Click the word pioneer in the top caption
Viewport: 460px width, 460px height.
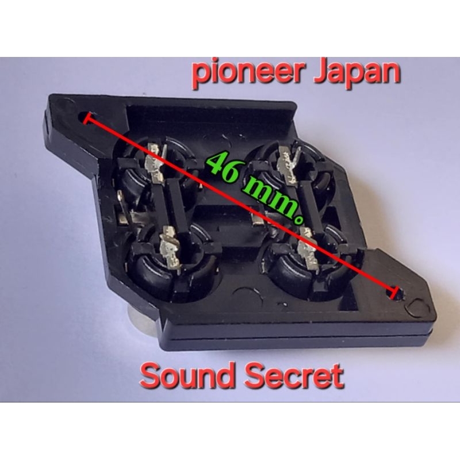pos(247,73)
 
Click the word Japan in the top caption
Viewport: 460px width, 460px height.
pos(356,73)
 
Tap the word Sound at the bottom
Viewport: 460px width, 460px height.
pos(188,375)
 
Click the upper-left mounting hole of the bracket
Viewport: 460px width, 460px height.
pos(84,117)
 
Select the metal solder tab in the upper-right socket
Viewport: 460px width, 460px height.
pos(289,166)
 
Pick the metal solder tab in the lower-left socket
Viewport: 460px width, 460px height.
pos(170,250)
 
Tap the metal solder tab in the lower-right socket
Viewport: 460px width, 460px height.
pos(308,250)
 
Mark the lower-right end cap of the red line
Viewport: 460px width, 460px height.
pos(394,293)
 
